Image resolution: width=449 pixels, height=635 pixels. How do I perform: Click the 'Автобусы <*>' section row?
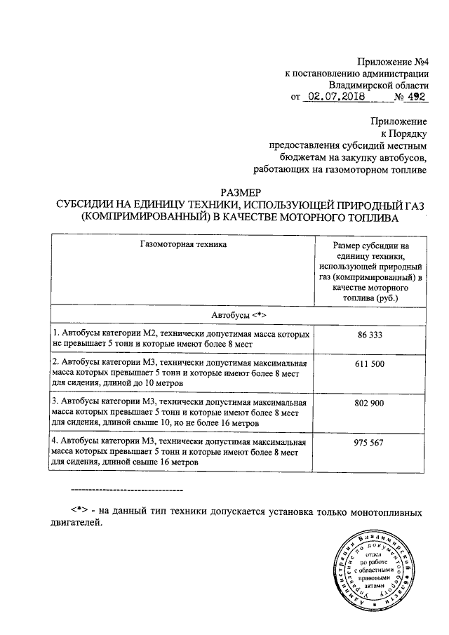click(x=240, y=313)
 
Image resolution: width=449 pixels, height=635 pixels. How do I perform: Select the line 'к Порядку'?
click(x=403, y=132)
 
